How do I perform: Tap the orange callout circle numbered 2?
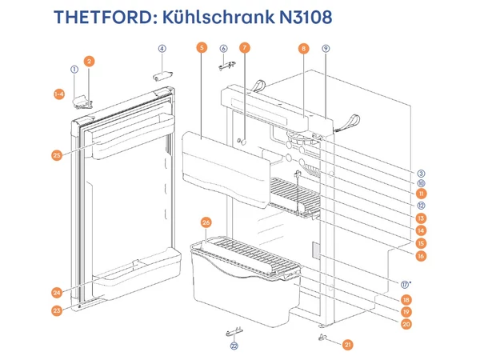coord(89,61)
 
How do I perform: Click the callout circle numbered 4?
coord(162,48)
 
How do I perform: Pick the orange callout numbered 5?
coord(201,48)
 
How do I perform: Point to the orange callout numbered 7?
coord(245,48)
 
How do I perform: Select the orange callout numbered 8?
coord(304,48)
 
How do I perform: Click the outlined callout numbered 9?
coord(326,48)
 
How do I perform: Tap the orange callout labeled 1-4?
coord(58,94)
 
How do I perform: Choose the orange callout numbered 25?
coord(57,155)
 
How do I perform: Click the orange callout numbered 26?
coord(206,222)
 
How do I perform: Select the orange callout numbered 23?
coord(57,310)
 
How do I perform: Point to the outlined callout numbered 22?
coord(234,346)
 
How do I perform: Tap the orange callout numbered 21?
coord(348,345)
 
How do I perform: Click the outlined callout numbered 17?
coord(406,283)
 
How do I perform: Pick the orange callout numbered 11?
coord(421,193)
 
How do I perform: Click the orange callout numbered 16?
coord(421,256)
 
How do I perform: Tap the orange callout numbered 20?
coord(406,324)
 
